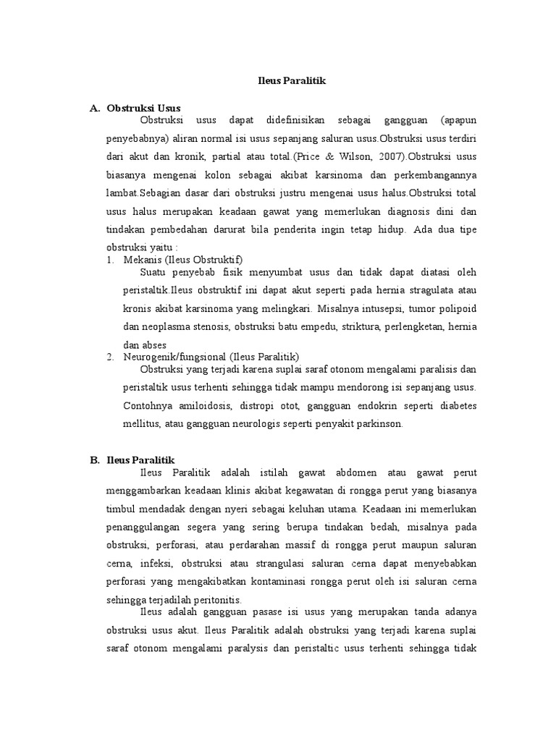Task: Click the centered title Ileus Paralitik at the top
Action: pos(292,81)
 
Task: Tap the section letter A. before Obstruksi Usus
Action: pos(94,108)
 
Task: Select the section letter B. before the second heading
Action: pos(94,460)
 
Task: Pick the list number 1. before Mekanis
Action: pos(111,259)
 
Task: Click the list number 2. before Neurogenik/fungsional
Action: pos(111,357)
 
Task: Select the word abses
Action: pos(155,345)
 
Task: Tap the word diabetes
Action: pos(455,405)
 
